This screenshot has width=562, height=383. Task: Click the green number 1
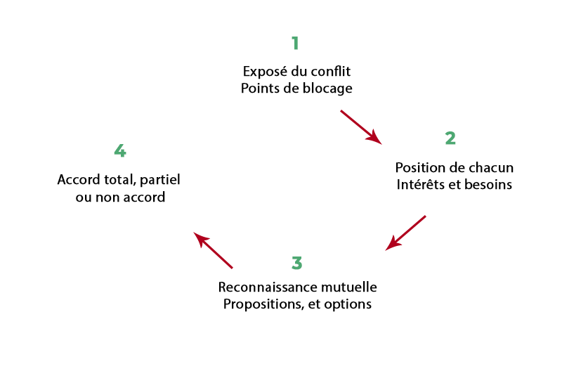pos(295,43)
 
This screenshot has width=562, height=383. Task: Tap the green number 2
pos(450,138)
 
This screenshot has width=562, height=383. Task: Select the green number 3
pos(296,264)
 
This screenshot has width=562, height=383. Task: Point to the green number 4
pos(120,151)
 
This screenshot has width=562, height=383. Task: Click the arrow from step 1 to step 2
pos(361,127)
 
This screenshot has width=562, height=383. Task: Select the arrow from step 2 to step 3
pos(406,233)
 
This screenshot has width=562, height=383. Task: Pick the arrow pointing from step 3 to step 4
pos(213,250)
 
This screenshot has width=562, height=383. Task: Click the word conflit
pos(329,72)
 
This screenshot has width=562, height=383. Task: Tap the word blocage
pos(329,89)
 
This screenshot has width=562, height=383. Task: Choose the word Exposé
pos(261,72)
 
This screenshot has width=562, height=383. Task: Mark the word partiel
pos(159,180)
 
